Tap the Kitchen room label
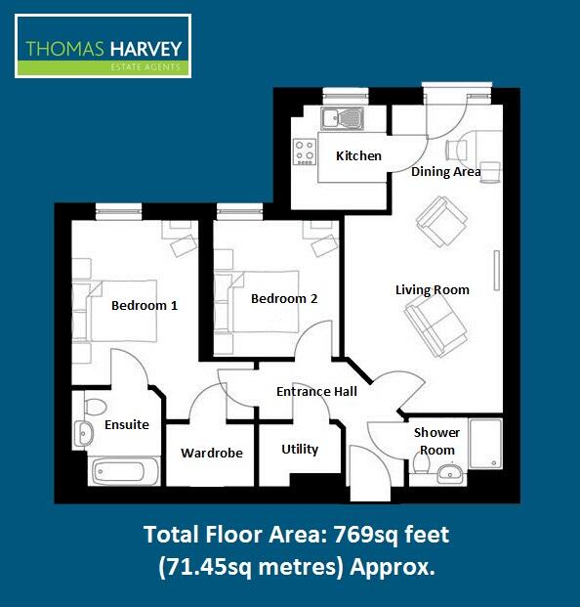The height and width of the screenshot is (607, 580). coord(358,156)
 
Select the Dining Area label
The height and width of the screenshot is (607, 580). coord(445,172)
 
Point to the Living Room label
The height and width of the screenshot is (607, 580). coord(432,289)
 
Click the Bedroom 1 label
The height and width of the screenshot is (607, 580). coord(145,305)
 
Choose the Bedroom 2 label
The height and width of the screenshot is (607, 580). coord(284,299)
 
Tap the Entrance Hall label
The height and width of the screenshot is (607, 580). coord(316,391)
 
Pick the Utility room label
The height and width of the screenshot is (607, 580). coord(300,450)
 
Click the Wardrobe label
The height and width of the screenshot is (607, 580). coord(212,453)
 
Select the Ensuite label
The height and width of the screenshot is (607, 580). coord(127,425)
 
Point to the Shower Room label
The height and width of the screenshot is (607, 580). coord(435,441)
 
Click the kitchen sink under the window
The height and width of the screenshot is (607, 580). coord(342,119)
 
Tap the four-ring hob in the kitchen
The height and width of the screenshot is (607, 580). coord(305,152)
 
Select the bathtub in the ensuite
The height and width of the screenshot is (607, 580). coord(124,472)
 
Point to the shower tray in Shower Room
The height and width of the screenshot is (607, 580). coord(485,445)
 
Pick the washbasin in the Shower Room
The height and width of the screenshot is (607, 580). coord(450,474)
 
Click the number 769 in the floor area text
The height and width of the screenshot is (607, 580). coord(352,535)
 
